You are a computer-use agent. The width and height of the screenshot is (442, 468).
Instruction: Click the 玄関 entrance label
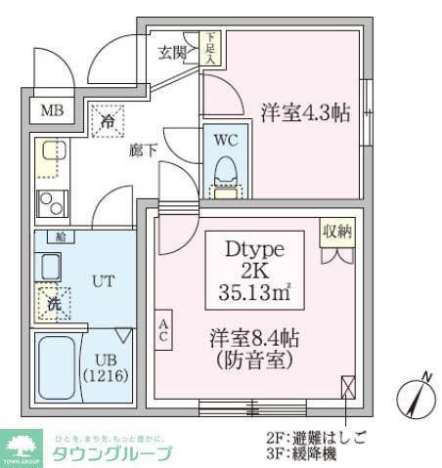point(173,53)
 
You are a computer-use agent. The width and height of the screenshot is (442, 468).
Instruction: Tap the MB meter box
point(49,110)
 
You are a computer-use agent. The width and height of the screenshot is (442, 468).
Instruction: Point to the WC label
point(226,139)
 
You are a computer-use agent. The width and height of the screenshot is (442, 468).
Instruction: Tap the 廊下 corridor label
point(143,152)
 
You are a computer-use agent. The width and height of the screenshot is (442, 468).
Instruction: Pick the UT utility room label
point(104,280)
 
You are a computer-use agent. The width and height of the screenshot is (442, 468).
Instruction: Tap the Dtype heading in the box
point(253,247)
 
